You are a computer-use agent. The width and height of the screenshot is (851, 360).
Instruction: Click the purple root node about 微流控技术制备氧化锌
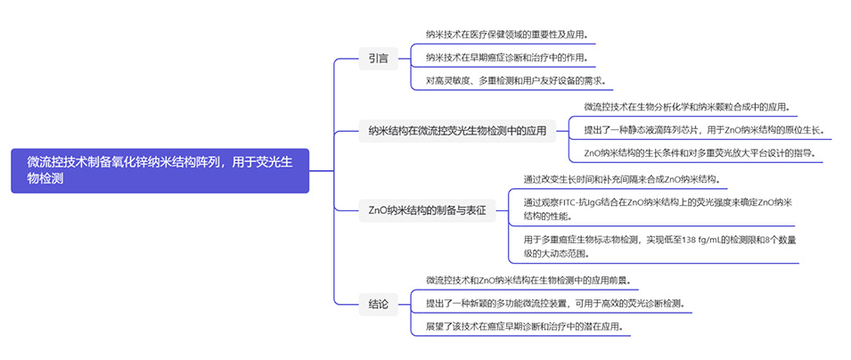tap(160, 170)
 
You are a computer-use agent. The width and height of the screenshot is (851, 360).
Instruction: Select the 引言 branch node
tap(378, 59)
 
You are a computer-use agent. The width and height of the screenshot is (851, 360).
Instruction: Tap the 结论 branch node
tap(378, 304)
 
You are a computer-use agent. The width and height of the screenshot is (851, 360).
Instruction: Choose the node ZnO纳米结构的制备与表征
tap(427, 212)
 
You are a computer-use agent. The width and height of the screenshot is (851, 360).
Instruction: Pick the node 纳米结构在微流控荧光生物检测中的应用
tap(457, 130)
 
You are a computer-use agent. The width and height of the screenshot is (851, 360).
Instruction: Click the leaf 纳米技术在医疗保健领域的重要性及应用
tap(506, 36)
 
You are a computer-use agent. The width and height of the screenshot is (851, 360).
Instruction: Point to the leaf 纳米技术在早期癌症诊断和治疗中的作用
tap(506, 58)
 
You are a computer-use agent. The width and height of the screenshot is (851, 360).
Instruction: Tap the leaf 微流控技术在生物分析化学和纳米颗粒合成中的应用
tap(687, 107)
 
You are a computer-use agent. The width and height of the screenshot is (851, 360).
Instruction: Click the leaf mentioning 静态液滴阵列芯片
tap(704, 130)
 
